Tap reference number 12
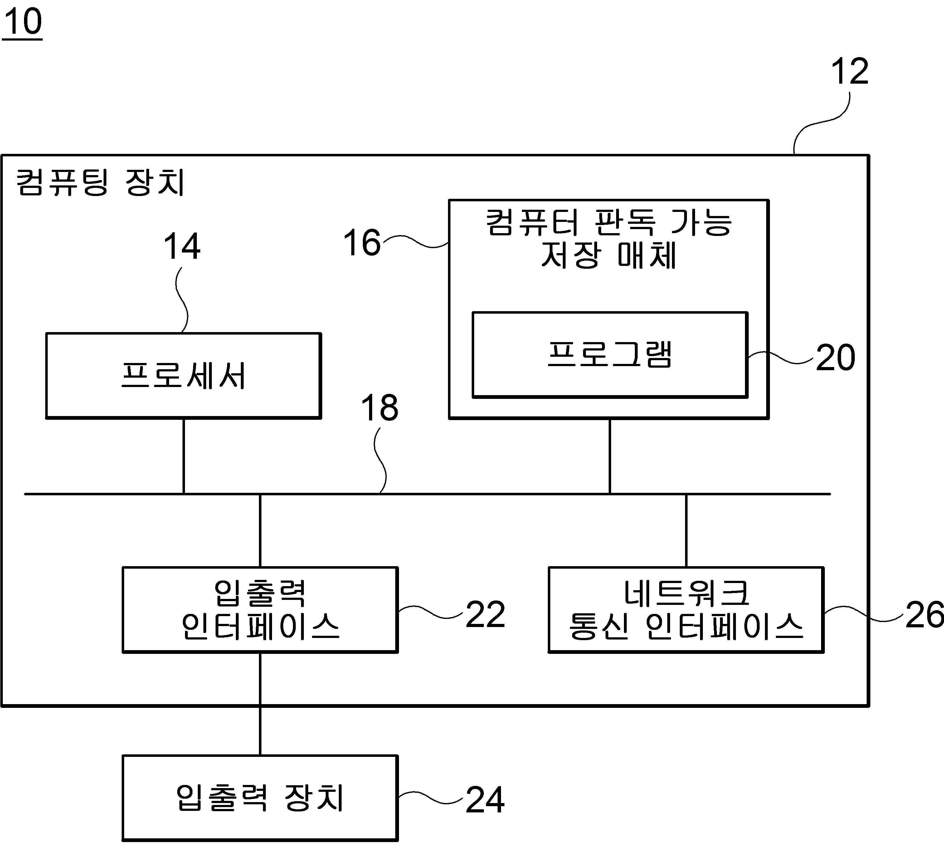pos(849,71)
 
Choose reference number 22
pos(485,614)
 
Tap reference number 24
pos(485,799)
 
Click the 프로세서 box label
pos(183,375)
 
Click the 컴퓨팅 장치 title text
pos(100,182)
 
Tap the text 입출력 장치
pos(260,798)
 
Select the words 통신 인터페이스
pos(686,626)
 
